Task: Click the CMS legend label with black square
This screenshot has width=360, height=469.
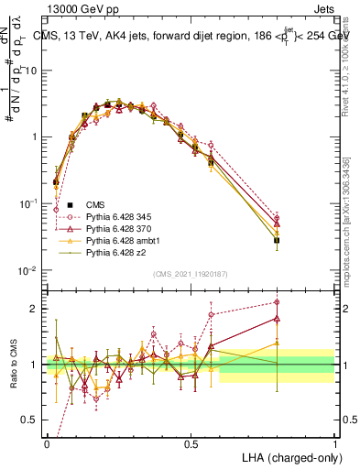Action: (x=95, y=203)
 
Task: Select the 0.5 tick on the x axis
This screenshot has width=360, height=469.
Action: (x=191, y=442)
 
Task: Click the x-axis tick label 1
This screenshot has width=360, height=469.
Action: (x=334, y=442)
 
